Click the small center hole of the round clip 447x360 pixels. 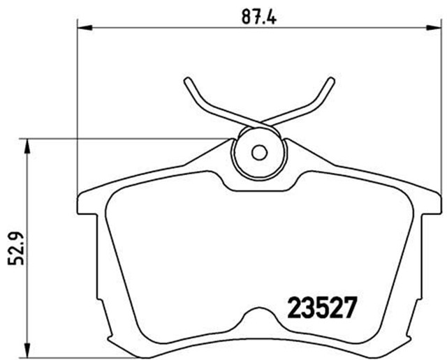click(x=259, y=152)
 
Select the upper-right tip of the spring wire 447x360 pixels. click(x=330, y=79)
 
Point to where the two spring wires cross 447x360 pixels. click(x=259, y=123)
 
